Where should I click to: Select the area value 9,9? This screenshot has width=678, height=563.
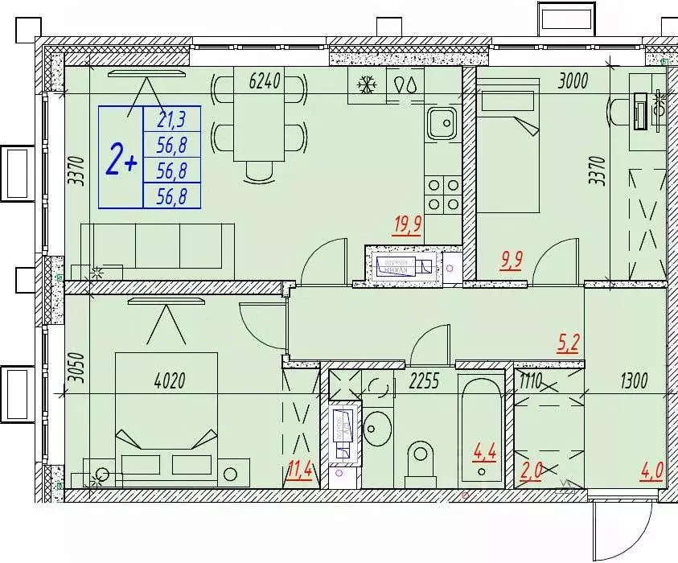(x=512, y=261)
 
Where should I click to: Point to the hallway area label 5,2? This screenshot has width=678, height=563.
(x=569, y=344)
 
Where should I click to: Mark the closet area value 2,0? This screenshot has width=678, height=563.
(x=532, y=469)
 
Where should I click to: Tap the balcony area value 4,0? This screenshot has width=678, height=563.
(x=651, y=469)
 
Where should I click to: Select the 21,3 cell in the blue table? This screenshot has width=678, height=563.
(x=171, y=121)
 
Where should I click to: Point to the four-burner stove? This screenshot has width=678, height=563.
(x=442, y=195)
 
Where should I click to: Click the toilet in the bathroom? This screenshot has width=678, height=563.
(x=420, y=459)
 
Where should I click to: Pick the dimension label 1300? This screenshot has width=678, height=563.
(x=633, y=380)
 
